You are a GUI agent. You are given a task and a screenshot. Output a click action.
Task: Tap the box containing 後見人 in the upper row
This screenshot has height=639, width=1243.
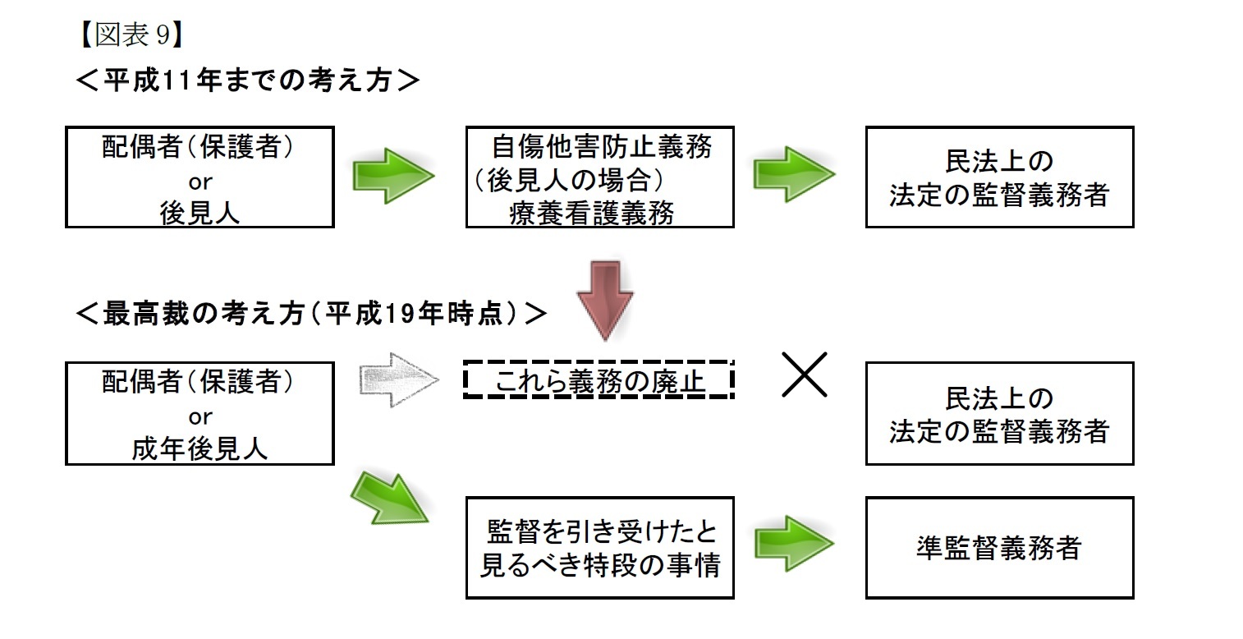200,177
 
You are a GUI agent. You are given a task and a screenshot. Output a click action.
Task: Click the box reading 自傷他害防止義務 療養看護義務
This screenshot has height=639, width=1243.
599,177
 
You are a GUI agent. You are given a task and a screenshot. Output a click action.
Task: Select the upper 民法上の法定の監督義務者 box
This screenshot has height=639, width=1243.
999,177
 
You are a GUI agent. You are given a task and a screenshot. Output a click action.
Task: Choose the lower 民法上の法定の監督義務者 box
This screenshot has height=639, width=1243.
999,414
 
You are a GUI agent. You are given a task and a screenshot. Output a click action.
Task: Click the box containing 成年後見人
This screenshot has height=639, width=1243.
200,414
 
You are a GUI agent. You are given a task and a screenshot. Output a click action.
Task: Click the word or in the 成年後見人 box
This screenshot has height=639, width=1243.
200,416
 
